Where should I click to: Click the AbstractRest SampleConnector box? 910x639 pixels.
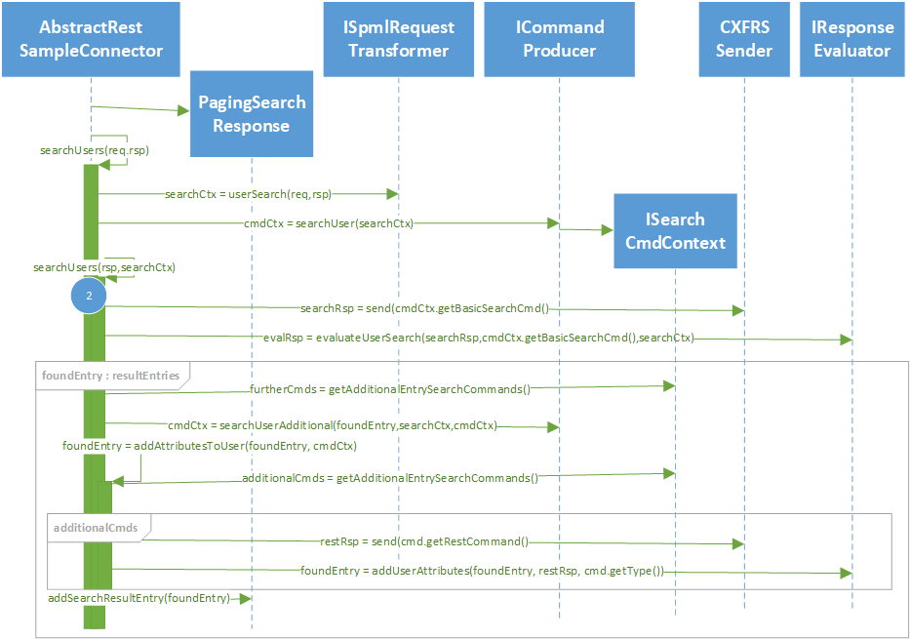[x=91, y=39]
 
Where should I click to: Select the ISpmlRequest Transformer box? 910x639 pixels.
[x=399, y=39]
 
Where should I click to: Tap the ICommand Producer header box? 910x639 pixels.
[x=560, y=39]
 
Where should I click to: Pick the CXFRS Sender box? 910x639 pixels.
[x=744, y=39]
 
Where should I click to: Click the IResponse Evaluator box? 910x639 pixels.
[x=852, y=39]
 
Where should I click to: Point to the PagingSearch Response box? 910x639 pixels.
[x=252, y=114]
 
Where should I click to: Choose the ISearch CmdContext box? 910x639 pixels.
[x=675, y=231]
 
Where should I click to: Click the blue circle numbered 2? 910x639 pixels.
[x=89, y=295]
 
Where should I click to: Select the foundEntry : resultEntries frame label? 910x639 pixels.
[x=111, y=373]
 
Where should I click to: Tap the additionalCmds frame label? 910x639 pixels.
[x=96, y=527]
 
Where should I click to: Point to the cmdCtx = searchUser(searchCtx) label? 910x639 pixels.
[x=329, y=223]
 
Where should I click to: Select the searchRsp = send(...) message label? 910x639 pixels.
[x=425, y=308]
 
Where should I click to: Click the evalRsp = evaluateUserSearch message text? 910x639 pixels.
[x=478, y=339]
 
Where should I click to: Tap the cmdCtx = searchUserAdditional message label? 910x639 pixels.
[x=332, y=424]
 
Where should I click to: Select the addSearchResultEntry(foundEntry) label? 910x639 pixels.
[x=138, y=597]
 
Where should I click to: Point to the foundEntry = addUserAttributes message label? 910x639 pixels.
[x=482, y=571]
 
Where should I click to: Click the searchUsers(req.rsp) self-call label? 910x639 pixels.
[x=94, y=150]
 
